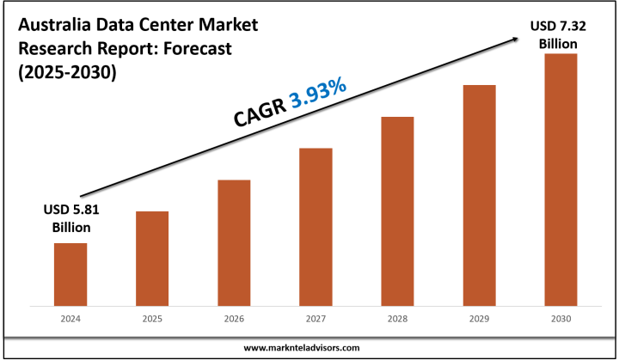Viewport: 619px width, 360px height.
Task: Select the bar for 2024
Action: coord(70,274)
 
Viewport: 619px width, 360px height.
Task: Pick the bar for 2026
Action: coord(234,242)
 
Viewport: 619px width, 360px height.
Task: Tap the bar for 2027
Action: coord(316,227)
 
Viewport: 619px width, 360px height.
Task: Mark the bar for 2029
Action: coord(479,195)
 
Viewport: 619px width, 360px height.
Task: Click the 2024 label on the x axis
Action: coord(70,319)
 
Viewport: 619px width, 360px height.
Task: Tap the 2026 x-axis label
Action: coord(234,319)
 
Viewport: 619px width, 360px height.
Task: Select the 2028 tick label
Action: coord(397,319)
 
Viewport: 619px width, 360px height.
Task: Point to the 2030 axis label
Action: coord(560,319)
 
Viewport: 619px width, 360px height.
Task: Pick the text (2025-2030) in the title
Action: coord(67,73)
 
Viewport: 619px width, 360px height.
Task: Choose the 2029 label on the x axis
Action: coord(479,319)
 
